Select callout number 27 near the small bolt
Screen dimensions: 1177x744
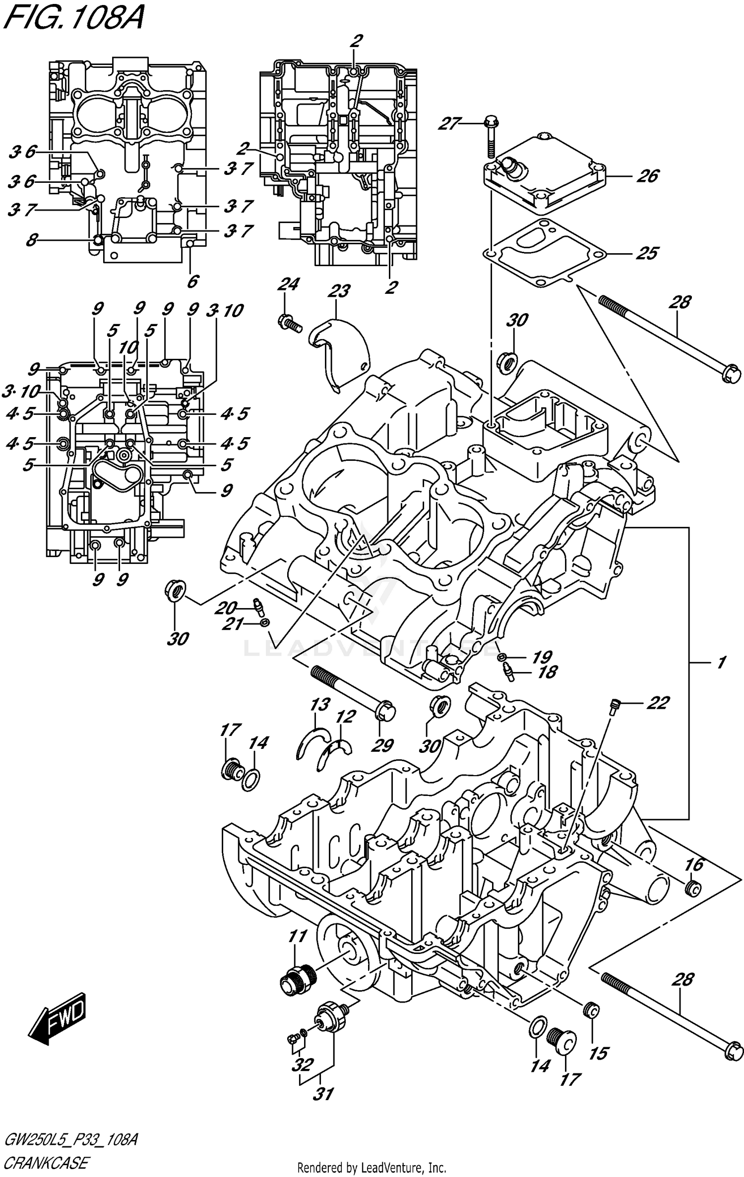449,123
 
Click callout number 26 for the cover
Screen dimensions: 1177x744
648,176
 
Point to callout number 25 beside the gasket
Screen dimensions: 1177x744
647,253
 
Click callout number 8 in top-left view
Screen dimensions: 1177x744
31,241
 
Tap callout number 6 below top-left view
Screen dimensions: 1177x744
192,281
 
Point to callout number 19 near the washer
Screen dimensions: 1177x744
542,657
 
